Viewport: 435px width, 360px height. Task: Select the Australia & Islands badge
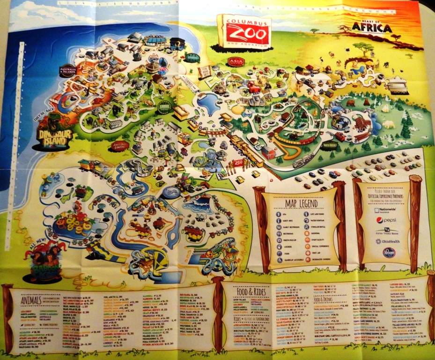coord(68,70)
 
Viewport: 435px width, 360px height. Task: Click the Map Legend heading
coord(302,204)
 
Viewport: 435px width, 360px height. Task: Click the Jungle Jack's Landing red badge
coord(120,145)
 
